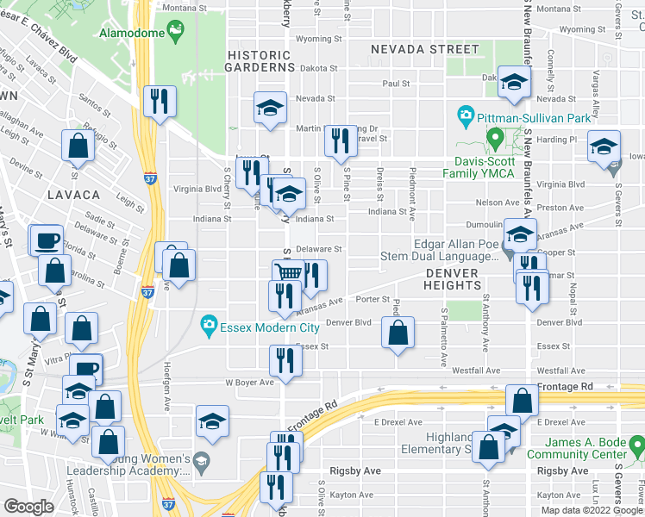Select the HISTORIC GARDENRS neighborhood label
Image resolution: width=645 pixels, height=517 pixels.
(x=260, y=60)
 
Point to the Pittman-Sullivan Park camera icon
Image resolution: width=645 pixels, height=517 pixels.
(x=466, y=115)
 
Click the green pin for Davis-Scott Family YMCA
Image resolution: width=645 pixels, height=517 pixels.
(x=495, y=137)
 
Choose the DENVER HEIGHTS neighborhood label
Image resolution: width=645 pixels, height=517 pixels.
(x=452, y=278)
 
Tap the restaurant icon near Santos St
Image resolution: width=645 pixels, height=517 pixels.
(x=160, y=101)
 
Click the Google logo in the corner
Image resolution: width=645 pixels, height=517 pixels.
(x=28, y=507)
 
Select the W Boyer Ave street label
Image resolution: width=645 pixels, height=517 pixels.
(x=249, y=382)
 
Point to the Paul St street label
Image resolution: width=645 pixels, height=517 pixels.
(x=396, y=84)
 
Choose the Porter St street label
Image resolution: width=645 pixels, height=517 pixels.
(x=373, y=300)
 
